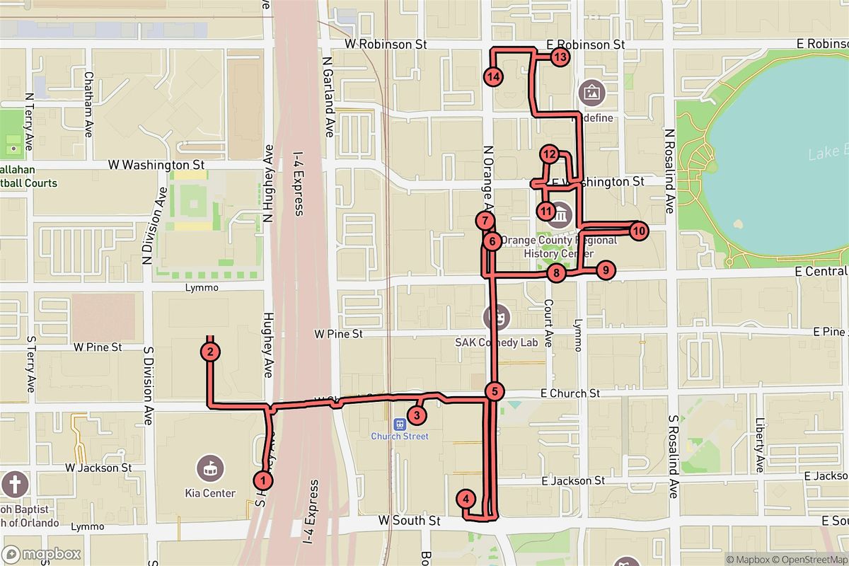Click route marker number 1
[263, 480]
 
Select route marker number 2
[210, 351]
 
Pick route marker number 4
[466, 499]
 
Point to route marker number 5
[495, 391]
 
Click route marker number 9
[605, 270]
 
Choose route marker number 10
[638, 230]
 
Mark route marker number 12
[550, 154]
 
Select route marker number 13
[560, 57]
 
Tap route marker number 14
[493, 76]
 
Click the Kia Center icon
[209, 467]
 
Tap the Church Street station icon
[400, 424]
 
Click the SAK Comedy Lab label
[496, 342]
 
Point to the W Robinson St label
[386, 44]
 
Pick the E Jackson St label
[572, 480]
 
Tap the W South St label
[409, 520]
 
